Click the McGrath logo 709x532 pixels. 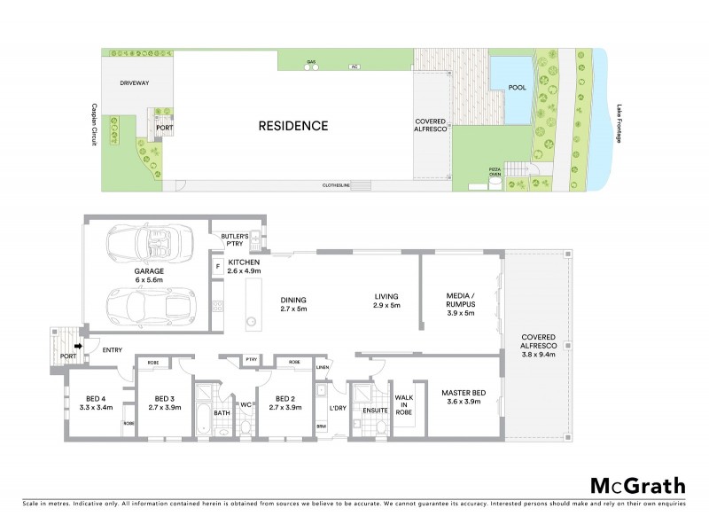click(638, 485)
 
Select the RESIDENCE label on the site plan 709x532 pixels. click(292, 126)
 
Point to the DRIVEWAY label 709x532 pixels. click(136, 82)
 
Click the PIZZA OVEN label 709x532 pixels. click(495, 170)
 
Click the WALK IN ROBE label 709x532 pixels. click(404, 406)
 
